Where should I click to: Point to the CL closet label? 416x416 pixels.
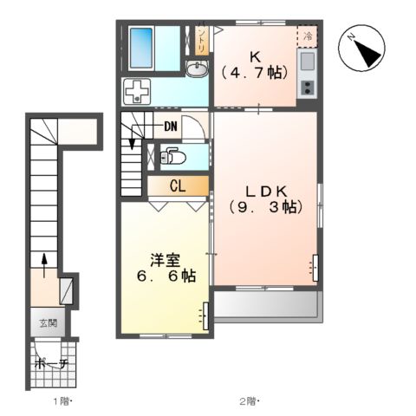tap(177, 185)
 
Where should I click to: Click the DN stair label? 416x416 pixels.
tap(170, 127)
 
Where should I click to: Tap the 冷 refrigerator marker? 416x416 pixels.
tap(308, 36)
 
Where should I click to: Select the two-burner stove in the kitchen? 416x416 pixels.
tap(307, 87)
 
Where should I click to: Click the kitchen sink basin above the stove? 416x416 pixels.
tap(307, 62)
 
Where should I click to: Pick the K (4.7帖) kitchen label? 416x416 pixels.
tap(255, 66)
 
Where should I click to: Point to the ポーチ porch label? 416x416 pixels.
tap(51, 364)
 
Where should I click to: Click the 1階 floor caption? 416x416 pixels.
tap(61, 401)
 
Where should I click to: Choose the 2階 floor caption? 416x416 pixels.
tap(249, 401)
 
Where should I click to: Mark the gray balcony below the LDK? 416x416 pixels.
tap(266, 304)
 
